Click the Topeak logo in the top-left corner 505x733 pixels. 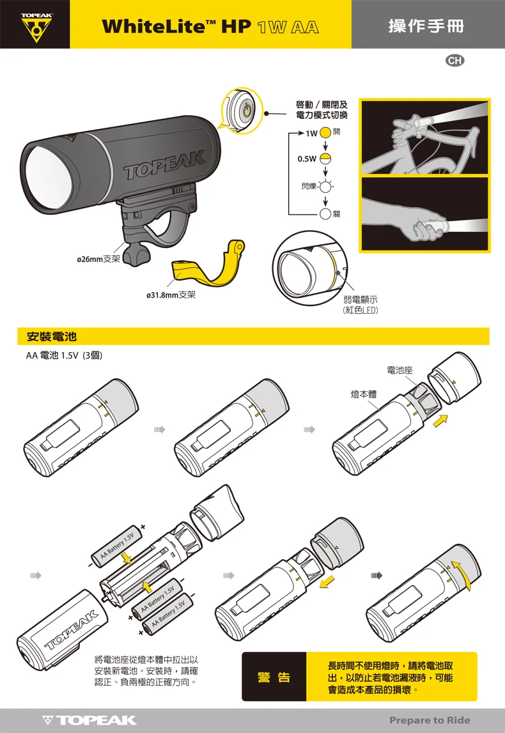36,27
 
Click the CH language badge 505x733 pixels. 455,61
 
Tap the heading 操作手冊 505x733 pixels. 426,26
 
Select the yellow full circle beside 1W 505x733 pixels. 325,133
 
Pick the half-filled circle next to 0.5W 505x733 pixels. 325,159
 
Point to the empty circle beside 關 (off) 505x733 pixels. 325,214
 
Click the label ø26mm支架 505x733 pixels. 98,259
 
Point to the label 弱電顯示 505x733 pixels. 360,300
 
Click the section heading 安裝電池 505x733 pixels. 51,337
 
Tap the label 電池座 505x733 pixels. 400,370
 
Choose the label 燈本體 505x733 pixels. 364,394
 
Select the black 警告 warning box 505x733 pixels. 274,677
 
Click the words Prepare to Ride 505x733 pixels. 430,720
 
